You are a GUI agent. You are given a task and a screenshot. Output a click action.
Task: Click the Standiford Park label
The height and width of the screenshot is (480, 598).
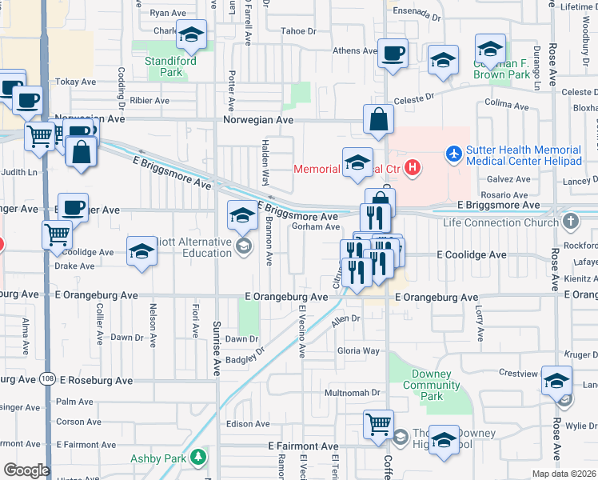tap(164, 66)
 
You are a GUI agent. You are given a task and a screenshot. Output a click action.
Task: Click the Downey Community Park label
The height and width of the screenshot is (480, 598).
tap(432, 386)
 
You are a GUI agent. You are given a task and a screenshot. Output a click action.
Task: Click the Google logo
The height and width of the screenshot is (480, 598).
tap(26, 470)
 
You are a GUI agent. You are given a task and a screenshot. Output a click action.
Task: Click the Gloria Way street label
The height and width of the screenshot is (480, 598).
tap(358, 350)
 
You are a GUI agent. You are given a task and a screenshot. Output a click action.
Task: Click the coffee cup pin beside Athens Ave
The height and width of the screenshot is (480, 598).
tap(393, 53)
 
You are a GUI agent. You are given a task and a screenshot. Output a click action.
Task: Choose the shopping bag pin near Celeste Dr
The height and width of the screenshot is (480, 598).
tap(379, 120)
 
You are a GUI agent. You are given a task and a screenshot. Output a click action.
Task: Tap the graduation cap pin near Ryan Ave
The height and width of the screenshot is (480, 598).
tap(191, 35)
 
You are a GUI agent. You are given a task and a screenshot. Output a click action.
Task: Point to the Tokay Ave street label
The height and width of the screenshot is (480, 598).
tap(77, 82)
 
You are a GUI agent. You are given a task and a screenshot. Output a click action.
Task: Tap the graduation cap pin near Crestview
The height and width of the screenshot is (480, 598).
tap(556, 381)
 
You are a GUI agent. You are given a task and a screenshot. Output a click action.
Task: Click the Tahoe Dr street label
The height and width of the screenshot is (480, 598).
tap(298, 31)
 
